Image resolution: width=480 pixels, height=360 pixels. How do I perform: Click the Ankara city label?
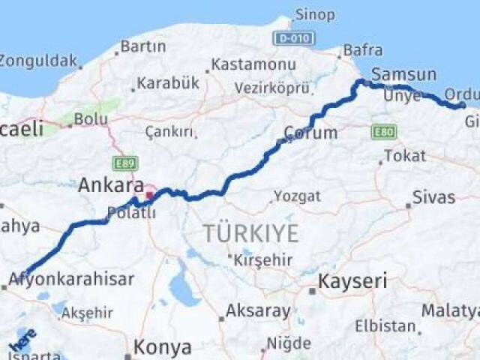[111, 185]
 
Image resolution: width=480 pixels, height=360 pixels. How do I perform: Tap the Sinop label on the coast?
[315, 14]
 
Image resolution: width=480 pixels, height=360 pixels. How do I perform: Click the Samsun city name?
[403, 74]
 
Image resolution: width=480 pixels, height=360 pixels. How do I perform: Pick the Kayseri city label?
[352, 282]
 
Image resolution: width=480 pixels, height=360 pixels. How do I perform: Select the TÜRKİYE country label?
[250, 233]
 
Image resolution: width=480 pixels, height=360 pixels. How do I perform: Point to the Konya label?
[162, 347]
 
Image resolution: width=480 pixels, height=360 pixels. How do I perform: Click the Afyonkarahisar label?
[72, 280]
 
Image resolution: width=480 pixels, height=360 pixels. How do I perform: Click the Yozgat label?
[297, 196]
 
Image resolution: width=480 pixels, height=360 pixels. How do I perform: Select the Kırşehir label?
[260, 260]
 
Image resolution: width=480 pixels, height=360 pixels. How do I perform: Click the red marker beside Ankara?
[150, 196]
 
